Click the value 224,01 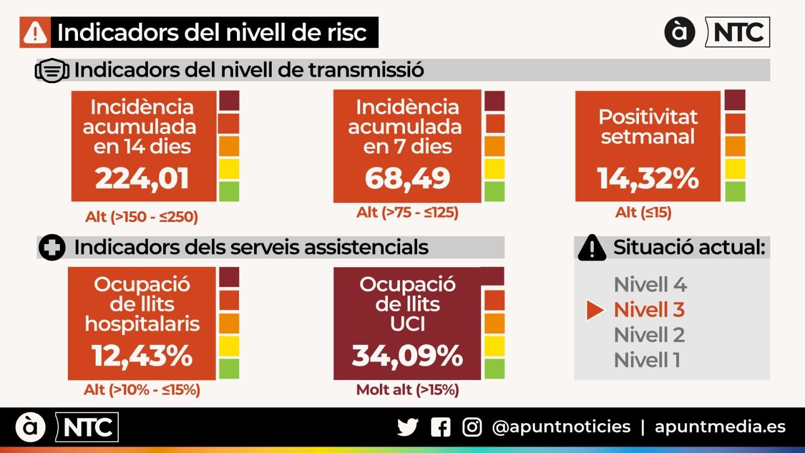142,179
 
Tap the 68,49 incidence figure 407,178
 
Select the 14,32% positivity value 648,179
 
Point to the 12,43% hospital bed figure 142,356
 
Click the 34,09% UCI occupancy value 407,356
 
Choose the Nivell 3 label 649,310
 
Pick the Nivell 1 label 647,360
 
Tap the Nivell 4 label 650,285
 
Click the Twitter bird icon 408,427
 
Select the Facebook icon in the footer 440,427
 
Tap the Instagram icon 472,427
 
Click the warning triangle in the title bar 35,33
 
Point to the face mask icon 52,70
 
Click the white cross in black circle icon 52,248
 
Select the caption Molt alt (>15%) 408,390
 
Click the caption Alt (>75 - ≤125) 408,213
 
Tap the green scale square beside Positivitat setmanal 735,192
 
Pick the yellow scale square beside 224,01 229,169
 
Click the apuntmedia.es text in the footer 720,427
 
